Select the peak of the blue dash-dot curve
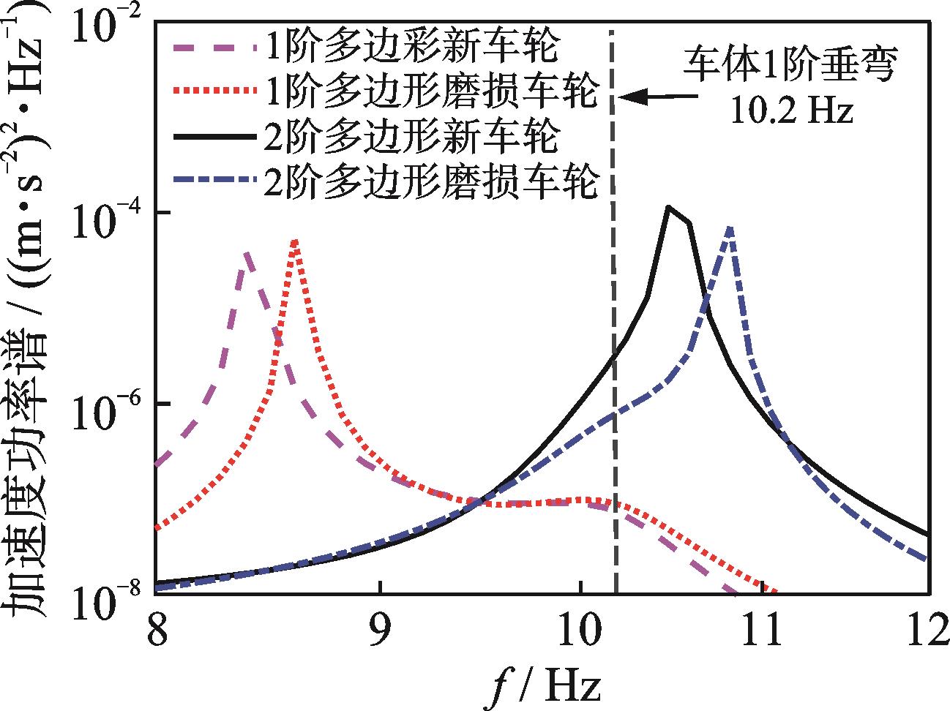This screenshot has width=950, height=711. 730,227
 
